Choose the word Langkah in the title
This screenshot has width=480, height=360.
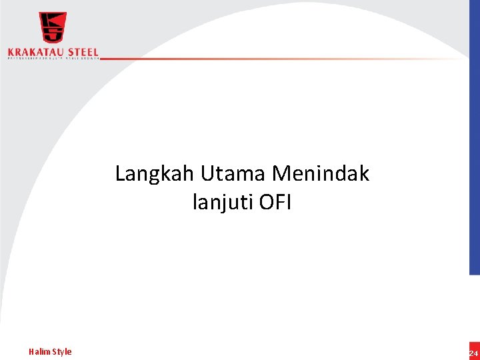(x=154, y=175)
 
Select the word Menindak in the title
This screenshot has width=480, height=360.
(x=321, y=174)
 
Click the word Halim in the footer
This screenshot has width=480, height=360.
(x=39, y=351)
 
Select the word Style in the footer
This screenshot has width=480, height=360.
(x=61, y=351)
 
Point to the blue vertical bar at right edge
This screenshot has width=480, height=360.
(x=474, y=167)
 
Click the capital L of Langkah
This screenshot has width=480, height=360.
(x=121, y=175)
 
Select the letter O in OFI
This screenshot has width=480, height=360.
(x=265, y=201)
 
